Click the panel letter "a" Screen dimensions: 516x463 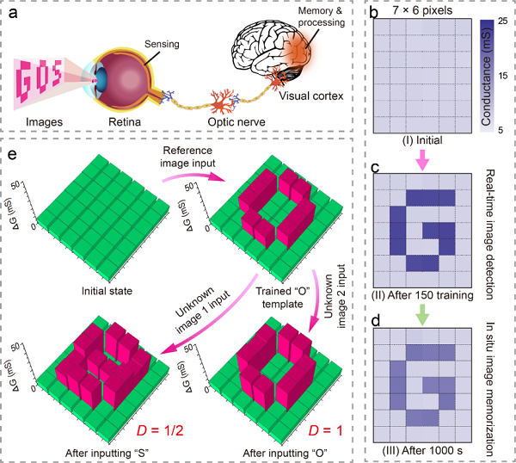point(13,14)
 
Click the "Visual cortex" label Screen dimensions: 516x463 point(311,96)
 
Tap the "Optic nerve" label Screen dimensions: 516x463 point(236,122)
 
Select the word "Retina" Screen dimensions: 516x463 point(125,122)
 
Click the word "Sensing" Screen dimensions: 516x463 point(162,44)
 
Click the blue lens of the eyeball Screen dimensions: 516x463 point(101,83)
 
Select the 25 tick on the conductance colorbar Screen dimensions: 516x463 point(502,21)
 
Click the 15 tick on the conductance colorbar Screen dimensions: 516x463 point(502,76)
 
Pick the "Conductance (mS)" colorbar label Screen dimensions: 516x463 point(487,76)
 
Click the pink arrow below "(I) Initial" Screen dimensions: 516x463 point(422,159)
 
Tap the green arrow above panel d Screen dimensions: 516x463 point(422,314)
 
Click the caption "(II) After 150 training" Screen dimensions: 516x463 point(422,295)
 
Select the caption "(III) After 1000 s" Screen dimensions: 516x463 point(422,450)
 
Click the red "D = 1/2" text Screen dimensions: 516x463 point(160,430)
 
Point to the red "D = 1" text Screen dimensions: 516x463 point(325,430)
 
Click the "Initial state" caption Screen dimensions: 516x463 point(107,291)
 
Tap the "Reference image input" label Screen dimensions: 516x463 point(187,157)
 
